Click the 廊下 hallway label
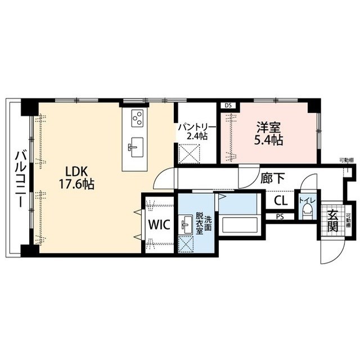[272, 178]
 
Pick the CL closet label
[281, 200]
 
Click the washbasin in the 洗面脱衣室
[186, 224]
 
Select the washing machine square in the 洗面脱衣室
[186, 244]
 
